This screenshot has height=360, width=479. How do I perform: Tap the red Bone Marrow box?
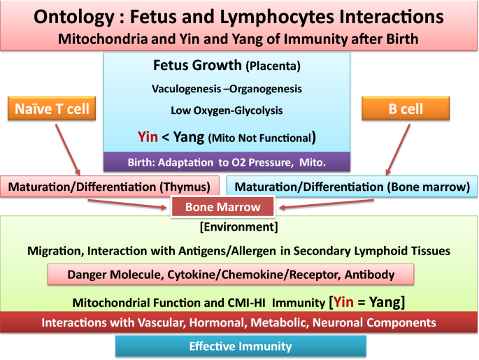pyautogui.click(x=222, y=207)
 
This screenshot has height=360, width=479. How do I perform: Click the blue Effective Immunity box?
pyautogui.click(x=241, y=346)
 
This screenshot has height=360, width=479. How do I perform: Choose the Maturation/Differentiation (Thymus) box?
pyautogui.click(x=110, y=186)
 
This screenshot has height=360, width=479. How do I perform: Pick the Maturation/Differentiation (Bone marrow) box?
pyautogui.click(x=351, y=186)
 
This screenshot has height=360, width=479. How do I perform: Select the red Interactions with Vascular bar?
pyautogui.click(x=238, y=323)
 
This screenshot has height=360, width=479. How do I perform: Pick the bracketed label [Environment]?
pyautogui.click(x=238, y=227)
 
